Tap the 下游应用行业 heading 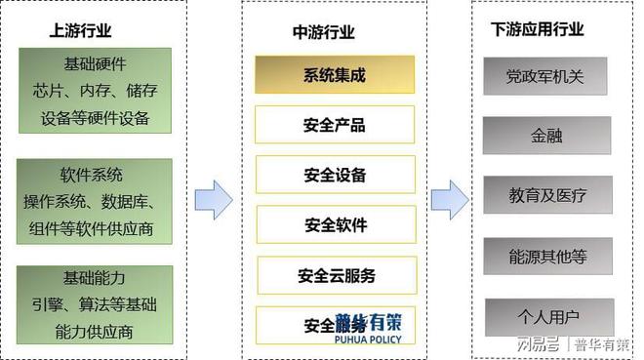pos(538,29)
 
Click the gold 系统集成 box pos(335,74)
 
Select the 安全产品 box pos(335,124)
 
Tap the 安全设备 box pos(335,175)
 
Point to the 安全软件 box pos(335,224)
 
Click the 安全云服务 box pos(335,275)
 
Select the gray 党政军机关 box pos(545,76)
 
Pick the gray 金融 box pos(546,136)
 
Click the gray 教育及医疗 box pos(547,195)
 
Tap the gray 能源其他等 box pos(547,257)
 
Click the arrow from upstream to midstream pos(214,199)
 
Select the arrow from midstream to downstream pos(449,196)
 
